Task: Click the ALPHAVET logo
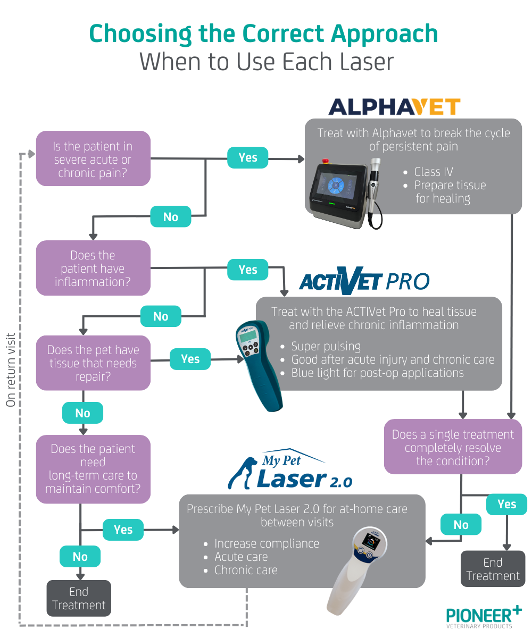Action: click(x=394, y=107)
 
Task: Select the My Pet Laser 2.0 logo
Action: click(x=290, y=469)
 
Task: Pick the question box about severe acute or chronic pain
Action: click(x=93, y=159)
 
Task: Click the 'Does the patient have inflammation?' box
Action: click(x=93, y=268)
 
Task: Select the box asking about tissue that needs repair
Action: click(x=93, y=363)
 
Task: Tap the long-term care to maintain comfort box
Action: click(x=93, y=469)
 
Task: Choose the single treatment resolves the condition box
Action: click(x=453, y=447)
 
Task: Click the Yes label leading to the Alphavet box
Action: click(x=248, y=157)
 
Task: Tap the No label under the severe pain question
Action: click(x=171, y=216)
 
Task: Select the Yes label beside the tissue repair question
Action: click(x=190, y=359)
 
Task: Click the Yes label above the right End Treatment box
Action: click(x=506, y=504)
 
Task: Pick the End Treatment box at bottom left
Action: click(x=79, y=598)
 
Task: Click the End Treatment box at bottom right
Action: click(x=493, y=569)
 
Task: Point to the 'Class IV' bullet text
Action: click(x=434, y=172)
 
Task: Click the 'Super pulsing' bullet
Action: click(x=326, y=347)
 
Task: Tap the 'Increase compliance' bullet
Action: click(x=267, y=543)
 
